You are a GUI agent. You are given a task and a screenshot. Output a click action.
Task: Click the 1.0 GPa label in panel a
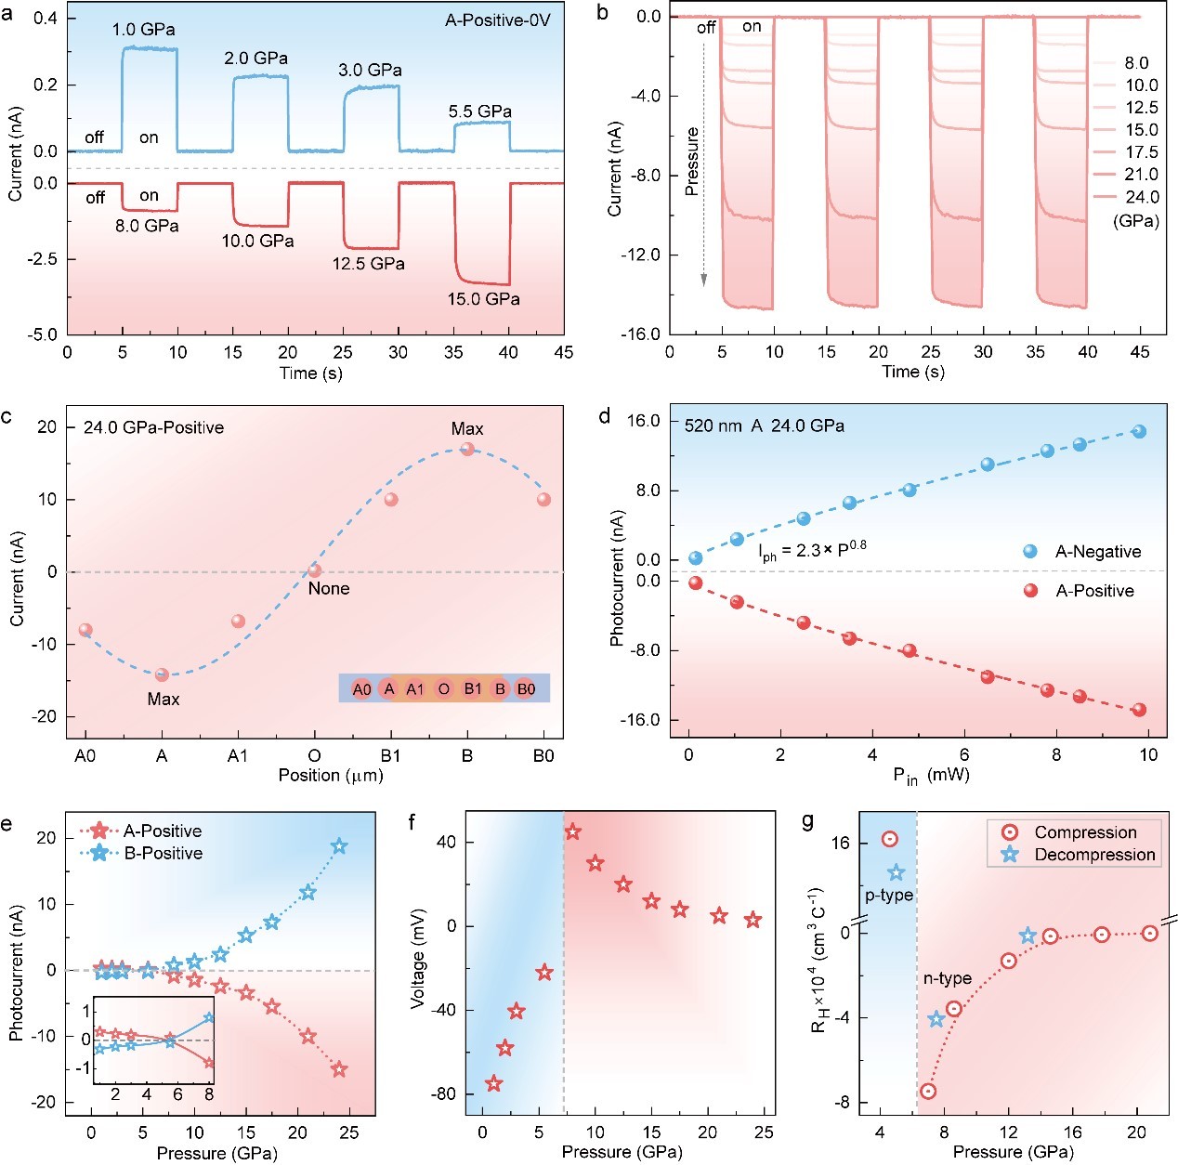tap(143, 30)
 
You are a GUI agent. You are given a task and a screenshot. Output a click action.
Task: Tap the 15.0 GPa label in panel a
tap(483, 299)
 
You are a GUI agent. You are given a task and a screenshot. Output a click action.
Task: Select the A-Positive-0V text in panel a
tap(498, 20)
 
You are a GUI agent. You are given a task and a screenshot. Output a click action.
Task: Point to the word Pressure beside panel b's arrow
tap(691, 162)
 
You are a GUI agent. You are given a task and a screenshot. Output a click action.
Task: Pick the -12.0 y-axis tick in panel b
tap(639, 255)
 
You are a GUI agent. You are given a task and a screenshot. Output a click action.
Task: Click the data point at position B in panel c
tap(467, 449)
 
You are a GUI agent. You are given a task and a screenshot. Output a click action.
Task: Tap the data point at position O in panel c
tap(315, 570)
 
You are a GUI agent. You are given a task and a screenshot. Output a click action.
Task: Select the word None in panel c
tap(329, 588)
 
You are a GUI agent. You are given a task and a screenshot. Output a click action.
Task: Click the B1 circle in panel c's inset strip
tap(473, 688)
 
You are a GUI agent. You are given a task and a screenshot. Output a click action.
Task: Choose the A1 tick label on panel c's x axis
tap(238, 755)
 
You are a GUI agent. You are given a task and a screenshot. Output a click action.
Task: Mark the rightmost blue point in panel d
tap(1140, 431)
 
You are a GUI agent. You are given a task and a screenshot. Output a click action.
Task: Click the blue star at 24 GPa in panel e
tap(340, 846)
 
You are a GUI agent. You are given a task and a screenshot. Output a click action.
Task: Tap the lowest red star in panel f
tap(494, 1083)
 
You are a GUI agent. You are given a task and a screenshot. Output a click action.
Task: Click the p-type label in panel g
tap(889, 895)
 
